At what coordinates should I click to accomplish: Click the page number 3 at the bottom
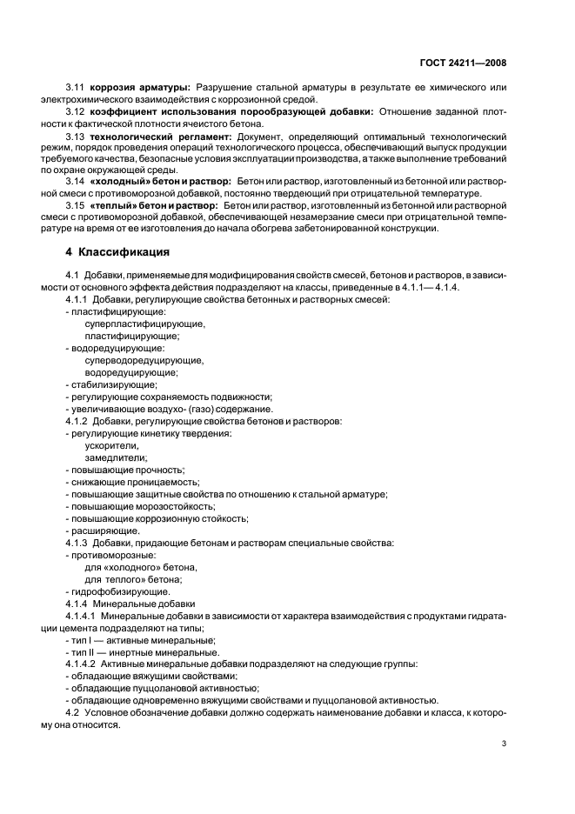point(505,744)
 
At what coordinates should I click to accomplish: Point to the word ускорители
point(111,444)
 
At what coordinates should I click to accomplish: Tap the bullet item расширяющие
point(104,530)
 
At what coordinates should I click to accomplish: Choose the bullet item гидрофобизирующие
point(117,590)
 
